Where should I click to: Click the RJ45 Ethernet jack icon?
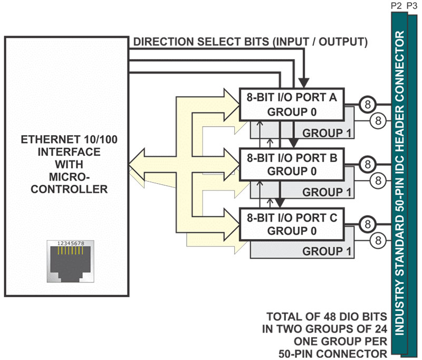(x=71, y=261)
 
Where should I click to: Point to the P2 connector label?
(x=396, y=6)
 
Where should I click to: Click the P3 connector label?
(x=412, y=6)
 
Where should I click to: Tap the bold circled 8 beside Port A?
(x=367, y=104)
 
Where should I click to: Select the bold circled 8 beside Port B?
(x=367, y=164)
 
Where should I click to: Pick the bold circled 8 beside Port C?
(x=367, y=224)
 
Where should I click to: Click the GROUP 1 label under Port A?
(x=327, y=133)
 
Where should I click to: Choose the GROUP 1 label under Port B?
(x=327, y=192)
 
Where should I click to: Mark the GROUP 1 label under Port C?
(x=327, y=251)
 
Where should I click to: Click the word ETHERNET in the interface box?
(x=51, y=139)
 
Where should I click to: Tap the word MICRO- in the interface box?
(x=69, y=177)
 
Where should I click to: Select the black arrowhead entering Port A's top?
(x=304, y=83)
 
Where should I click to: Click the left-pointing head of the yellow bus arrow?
(x=137, y=164)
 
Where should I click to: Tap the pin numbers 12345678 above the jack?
(x=71, y=243)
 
